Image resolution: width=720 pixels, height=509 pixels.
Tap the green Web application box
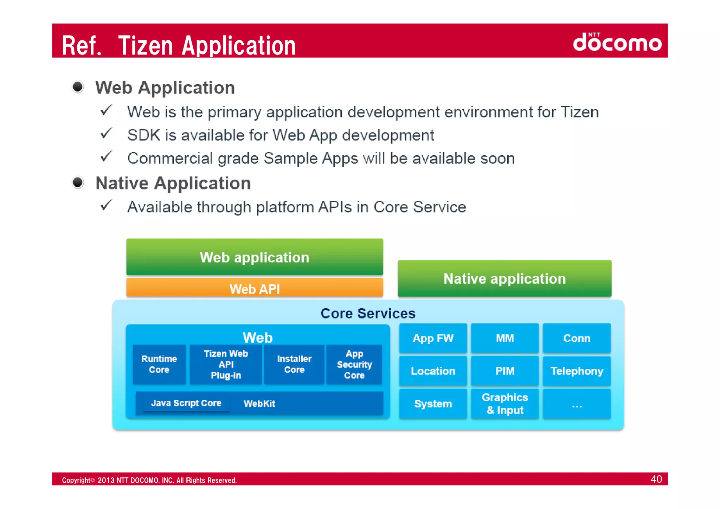[x=255, y=257]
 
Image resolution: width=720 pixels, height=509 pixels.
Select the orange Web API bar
[x=255, y=288]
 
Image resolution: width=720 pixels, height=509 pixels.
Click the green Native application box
[x=504, y=278]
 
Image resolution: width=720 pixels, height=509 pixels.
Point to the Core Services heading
[x=368, y=313]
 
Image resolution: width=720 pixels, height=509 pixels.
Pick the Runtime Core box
[x=159, y=364]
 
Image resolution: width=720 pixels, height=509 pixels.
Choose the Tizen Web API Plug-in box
[x=226, y=364]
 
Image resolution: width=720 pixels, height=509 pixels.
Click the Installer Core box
[x=294, y=364]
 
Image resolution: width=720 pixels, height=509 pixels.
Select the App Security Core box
[x=354, y=364]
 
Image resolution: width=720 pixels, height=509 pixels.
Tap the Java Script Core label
[x=186, y=403]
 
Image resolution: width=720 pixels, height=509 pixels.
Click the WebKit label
[x=259, y=404]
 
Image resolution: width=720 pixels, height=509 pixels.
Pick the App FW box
[x=433, y=338]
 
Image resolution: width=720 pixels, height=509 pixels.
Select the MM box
[x=505, y=338]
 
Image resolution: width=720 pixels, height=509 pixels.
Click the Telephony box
[x=577, y=371]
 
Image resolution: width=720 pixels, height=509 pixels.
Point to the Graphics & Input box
[x=505, y=404]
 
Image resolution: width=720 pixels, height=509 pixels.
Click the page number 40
[x=656, y=479]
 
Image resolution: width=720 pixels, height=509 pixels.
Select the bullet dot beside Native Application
[x=78, y=182]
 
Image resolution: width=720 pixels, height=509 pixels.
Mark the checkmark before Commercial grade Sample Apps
[x=106, y=156]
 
